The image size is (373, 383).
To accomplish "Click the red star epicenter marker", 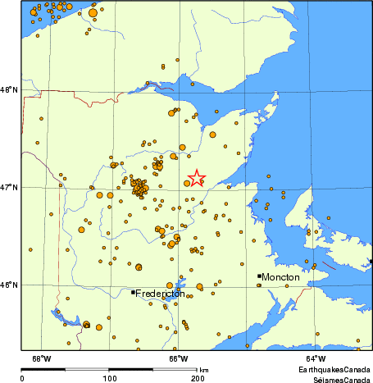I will pyautogui.click(x=197, y=177).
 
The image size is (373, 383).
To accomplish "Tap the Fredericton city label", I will pyautogui.click(x=160, y=293).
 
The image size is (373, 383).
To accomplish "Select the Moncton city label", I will pyautogui.click(x=282, y=277).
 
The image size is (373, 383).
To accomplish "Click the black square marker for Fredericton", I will pyautogui.click(x=133, y=292).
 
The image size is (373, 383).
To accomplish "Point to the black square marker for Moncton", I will pyautogui.click(x=259, y=276).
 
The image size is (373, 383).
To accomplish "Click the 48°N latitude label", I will pyautogui.click(x=9, y=90).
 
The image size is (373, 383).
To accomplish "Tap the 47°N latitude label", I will pyautogui.click(x=9, y=188).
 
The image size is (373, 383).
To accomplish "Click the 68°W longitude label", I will pyautogui.click(x=41, y=358).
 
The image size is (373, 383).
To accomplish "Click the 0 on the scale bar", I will pyautogui.click(x=21, y=377).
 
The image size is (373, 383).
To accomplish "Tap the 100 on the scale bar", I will pyautogui.click(x=109, y=377).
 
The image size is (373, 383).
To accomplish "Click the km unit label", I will pyautogui.click(x=203, y=370).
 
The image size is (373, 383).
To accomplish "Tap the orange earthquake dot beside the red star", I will pyautogui.click(x=187, y=183).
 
